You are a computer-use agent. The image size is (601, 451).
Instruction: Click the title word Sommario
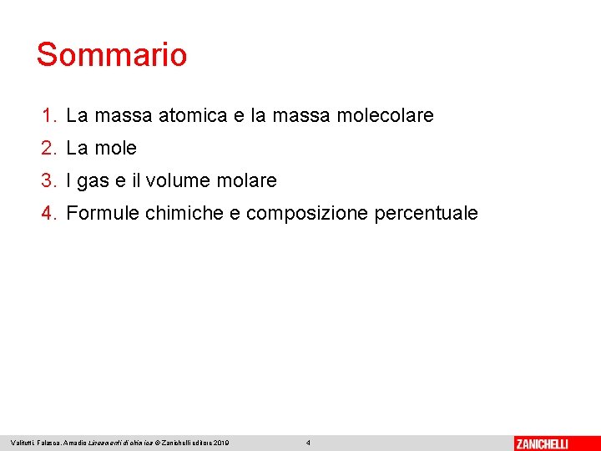tap(112, 55)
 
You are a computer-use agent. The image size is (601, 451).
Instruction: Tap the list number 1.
tap(49, 115)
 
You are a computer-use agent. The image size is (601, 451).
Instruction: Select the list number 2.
tap(49, 148)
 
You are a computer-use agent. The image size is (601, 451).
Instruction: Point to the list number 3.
tap(49, 180)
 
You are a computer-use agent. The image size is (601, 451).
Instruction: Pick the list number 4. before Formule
tap(49, 213)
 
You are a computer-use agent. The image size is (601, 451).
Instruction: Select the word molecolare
tap(385, 115)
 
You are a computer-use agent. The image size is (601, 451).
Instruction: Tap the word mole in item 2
tap(115, 148)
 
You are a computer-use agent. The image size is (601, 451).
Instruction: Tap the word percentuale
tap(427, 214)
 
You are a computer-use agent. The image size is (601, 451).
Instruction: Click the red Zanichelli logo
tap(542, 443)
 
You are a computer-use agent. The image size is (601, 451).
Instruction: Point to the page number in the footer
tap(308, 443)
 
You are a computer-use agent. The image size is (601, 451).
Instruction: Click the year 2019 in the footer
tap(221, 443)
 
